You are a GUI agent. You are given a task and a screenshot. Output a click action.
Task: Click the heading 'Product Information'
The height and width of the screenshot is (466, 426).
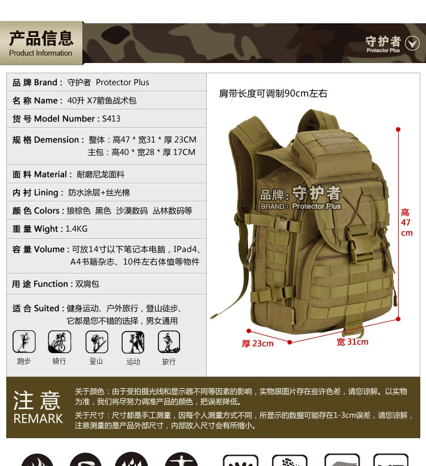click(x=40, y=53)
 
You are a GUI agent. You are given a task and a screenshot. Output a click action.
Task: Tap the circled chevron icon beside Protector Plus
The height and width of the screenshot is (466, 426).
click(x=412, y=43)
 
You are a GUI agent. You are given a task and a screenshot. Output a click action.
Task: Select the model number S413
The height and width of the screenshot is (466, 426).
click(x=111, y=119)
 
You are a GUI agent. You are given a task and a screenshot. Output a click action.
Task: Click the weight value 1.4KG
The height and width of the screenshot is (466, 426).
click(x=77, y=229)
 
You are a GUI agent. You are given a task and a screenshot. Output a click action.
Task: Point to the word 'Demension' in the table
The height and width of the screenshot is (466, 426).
click(x=57, y=140)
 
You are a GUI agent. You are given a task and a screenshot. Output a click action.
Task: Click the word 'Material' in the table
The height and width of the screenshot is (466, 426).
click(x=51, y=174)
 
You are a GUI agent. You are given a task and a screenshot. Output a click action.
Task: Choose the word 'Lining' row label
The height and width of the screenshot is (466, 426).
click(x=46, y=192)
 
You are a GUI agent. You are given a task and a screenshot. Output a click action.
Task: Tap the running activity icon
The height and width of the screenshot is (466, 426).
click(x=24, y=342)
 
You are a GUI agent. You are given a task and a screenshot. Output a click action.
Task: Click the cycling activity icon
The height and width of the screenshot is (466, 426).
click(x=60, y=342)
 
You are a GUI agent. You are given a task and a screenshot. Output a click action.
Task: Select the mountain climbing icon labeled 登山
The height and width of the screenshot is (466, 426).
click(x=97, y=342)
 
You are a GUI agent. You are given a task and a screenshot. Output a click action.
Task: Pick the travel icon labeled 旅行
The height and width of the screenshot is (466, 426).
click(x=169, y=342)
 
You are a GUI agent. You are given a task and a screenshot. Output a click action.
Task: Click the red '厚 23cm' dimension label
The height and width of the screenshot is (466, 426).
click(x=258, y=343)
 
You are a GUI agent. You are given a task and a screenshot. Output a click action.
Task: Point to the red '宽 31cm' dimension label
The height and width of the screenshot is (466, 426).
click(x=353, y=342)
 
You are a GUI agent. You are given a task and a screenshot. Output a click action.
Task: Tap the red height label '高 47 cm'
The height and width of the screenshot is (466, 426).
click(x=406, y=222)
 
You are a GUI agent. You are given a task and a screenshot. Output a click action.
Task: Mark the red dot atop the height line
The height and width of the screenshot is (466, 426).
click(x=398, y=129)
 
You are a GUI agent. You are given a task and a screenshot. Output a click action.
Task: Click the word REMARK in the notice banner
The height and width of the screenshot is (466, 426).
click(x=38, y=419)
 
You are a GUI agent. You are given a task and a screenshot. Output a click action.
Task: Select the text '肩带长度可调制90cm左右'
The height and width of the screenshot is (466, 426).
click(x=273, y=93)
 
